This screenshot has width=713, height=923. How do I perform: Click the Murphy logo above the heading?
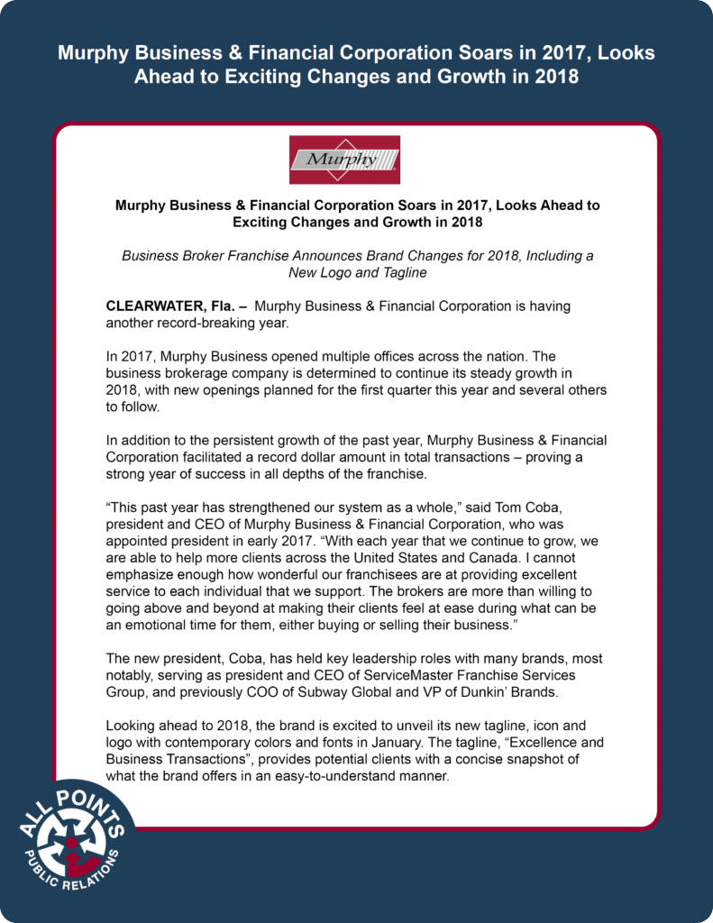343,160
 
